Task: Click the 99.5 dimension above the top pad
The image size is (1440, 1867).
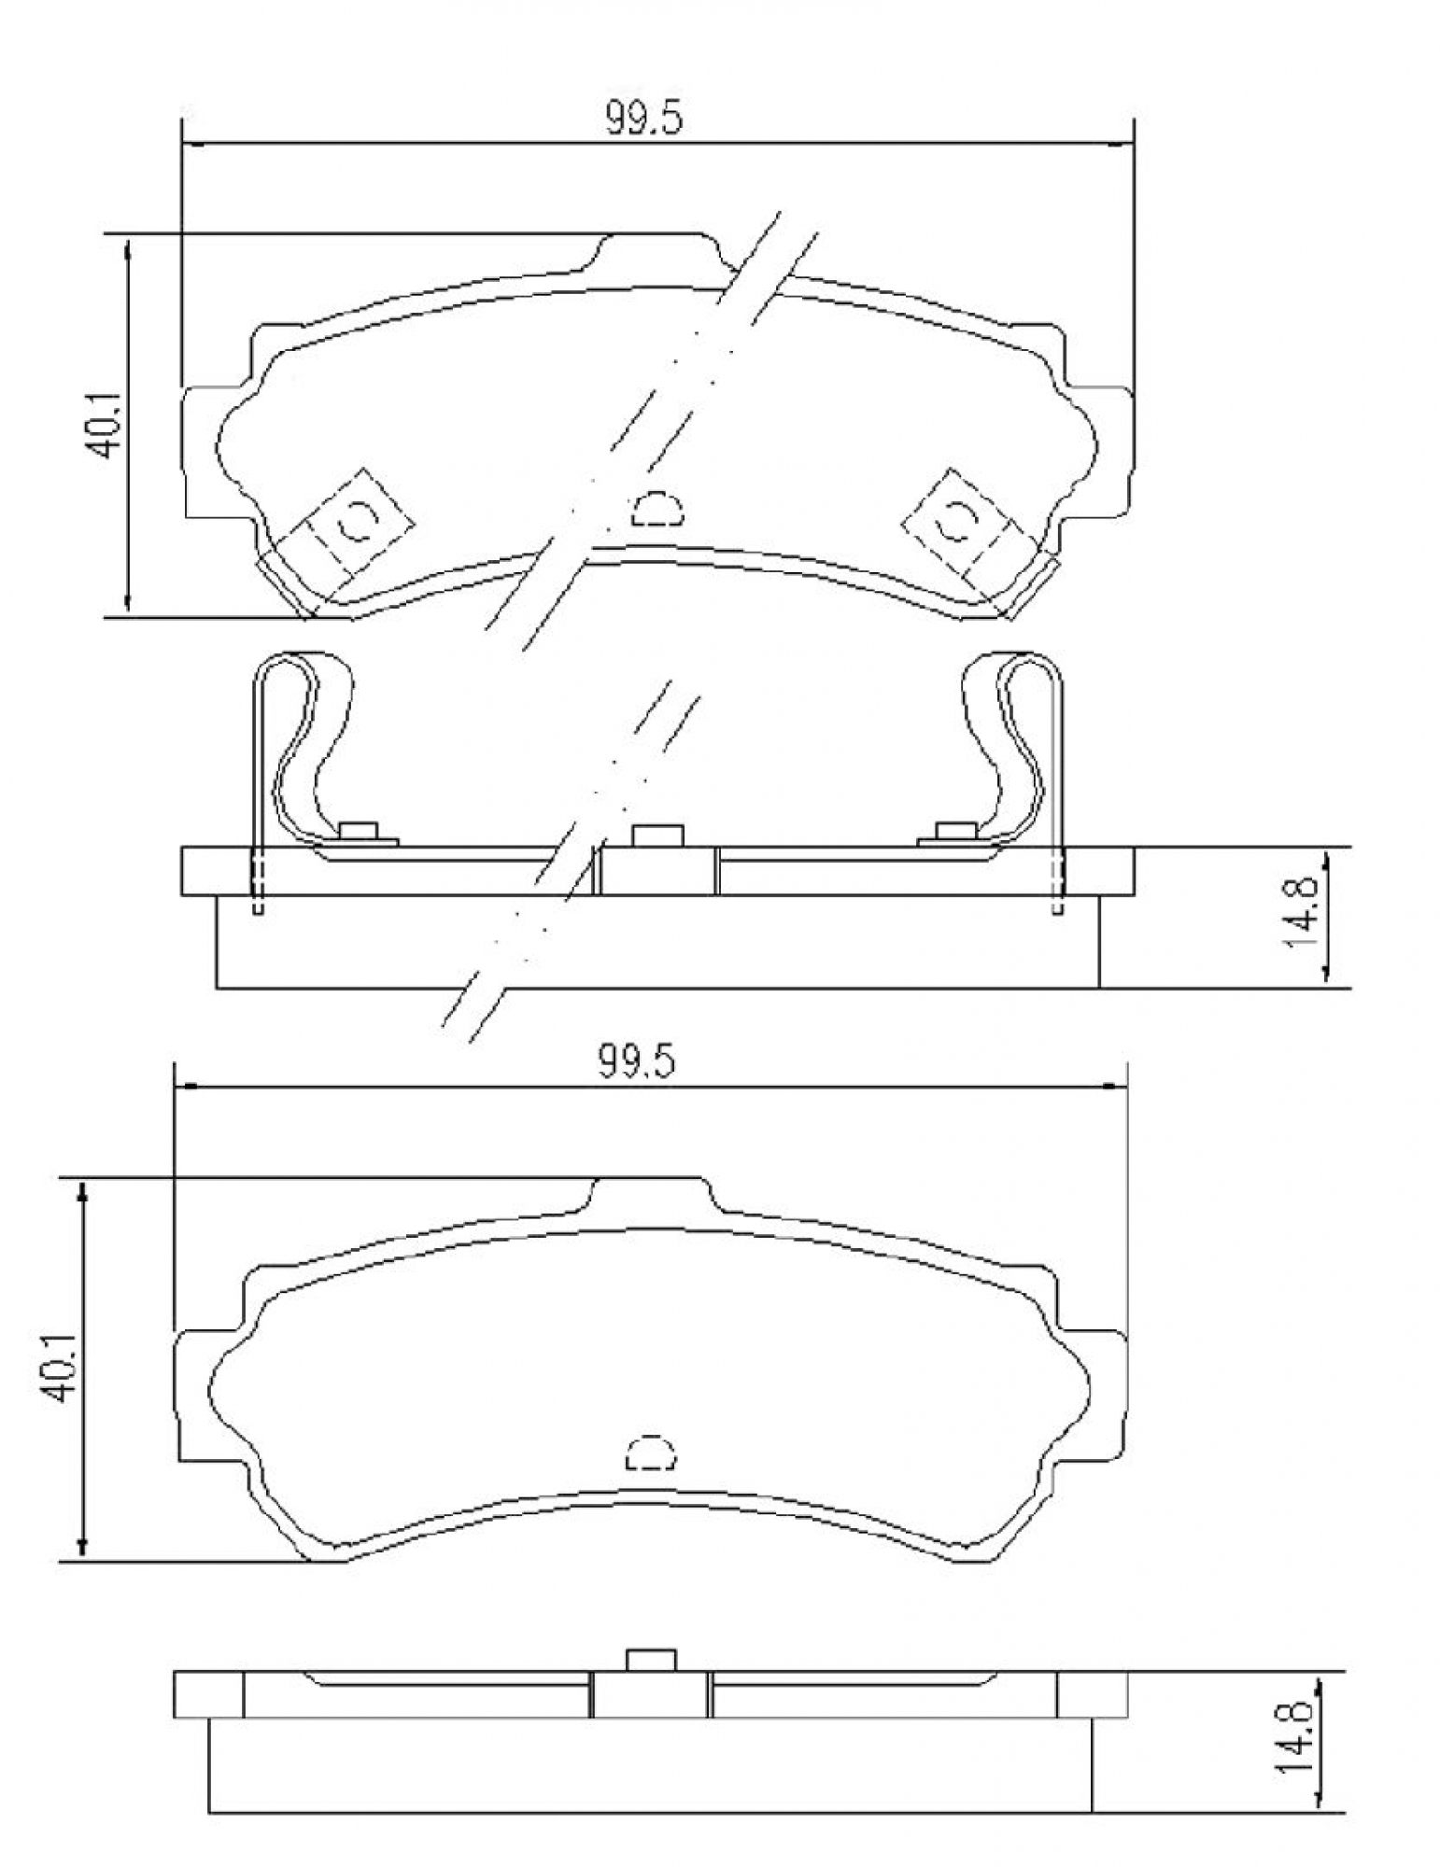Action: click(644, 119)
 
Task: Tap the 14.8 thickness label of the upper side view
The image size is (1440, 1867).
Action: click(1301, 913)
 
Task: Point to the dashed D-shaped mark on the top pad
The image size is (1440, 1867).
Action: click(657, 508)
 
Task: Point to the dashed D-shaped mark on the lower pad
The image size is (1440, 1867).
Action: click(650, 1453)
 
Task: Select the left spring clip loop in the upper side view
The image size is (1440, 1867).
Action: click(306, 737)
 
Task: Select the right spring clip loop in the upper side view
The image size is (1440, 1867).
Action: click(1013, 737)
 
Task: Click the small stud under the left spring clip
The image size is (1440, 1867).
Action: click(359, 830)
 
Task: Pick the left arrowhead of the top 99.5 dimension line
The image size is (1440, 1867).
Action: click(189, 144)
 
